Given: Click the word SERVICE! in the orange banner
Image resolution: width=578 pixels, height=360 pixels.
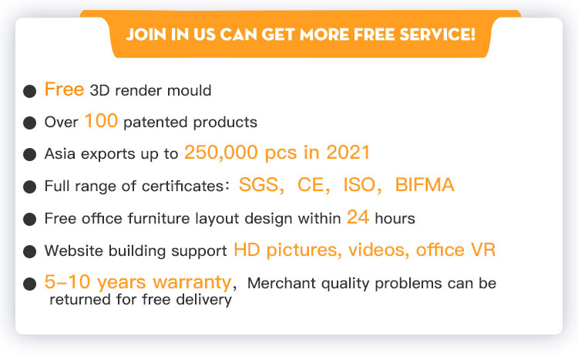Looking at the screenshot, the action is (x=437, y=34).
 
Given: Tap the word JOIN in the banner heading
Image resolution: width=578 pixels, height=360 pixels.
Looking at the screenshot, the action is (x=146, y=34).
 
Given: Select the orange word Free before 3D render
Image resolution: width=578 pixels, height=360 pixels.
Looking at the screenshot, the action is (x=64, y=89).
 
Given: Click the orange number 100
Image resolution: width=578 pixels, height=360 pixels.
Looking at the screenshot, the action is (x=101, y=120).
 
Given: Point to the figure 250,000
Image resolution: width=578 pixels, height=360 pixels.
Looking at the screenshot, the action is (x=221, y=153).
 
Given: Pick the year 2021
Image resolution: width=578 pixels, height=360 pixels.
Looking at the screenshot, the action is (x=348, y=153).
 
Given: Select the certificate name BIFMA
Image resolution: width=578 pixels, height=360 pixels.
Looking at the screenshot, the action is (x=425, y=185).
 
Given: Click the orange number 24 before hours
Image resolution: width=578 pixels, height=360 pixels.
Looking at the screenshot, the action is (x=358, y=217).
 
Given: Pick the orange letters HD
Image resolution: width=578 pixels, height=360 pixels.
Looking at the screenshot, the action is (x=247, y=250).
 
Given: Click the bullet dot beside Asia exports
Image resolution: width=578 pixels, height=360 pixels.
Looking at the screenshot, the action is (x=29, y=154).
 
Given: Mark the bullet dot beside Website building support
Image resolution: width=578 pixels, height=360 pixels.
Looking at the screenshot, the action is (x=29, y=252).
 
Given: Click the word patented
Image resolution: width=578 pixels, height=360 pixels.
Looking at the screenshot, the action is (x=155, y=123).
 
